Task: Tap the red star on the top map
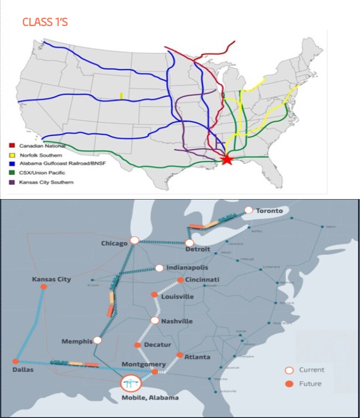tap(227, 159)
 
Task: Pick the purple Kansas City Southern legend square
tap(13, 183)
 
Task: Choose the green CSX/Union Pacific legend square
tap(13, 173)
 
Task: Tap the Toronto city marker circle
tap(248, 210)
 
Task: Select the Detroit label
tap(197, 250)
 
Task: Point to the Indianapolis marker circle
tap(159, 268)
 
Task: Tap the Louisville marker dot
tap(154, 295)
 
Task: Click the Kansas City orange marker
tap(44, 287)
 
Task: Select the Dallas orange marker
tap(16, 361)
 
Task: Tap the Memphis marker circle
tap(97, 340)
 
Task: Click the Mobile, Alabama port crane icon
tap(131, 383)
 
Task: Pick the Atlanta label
tap(197, 357)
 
